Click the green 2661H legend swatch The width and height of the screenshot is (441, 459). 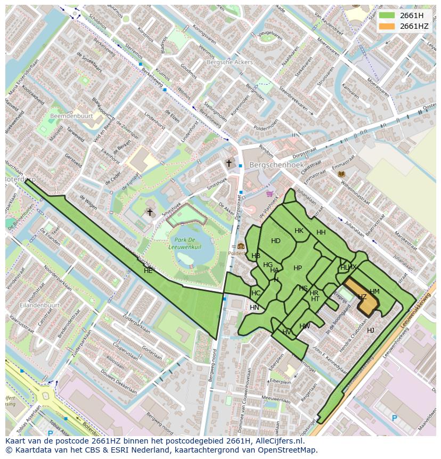coord(387,15)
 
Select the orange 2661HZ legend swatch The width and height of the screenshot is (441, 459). coord(387,26)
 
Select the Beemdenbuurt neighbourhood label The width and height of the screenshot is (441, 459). coord(71,116)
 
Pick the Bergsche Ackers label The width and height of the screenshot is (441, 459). coord(230,62)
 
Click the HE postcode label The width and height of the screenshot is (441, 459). coord(148,271)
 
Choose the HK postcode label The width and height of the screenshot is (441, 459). coord(299,231)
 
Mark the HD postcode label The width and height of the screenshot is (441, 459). coord(275,241)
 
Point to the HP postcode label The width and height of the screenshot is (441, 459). coord(298,268)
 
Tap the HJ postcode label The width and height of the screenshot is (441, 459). coord(371,331)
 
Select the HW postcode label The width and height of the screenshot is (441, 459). coord(305,326)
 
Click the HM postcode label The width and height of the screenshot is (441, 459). coord(374,292)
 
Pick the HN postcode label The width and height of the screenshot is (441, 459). coord(255,308)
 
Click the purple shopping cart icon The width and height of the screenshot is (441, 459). coord(269,194)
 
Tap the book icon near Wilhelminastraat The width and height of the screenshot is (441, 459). coord(341,174)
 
